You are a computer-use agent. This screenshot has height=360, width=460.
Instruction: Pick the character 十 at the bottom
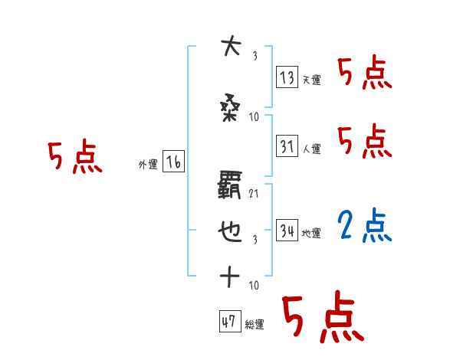tap(229, 277)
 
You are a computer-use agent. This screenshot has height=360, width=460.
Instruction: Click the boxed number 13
tap(287, 77)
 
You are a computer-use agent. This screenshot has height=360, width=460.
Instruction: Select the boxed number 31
tap(287, 146)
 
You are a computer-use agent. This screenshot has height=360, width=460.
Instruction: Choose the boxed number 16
tap(174, 162)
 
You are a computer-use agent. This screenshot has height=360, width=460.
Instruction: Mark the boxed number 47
tap(229, 322)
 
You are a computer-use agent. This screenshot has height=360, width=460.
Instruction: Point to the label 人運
tap(311, 149)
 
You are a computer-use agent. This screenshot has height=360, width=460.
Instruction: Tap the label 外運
tap(147, 164)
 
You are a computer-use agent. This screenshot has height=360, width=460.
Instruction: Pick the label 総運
tap(255, 325)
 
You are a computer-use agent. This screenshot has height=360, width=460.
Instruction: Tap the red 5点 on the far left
tap(74, 157)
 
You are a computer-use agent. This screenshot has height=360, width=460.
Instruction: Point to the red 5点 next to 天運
tap(364, 74)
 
